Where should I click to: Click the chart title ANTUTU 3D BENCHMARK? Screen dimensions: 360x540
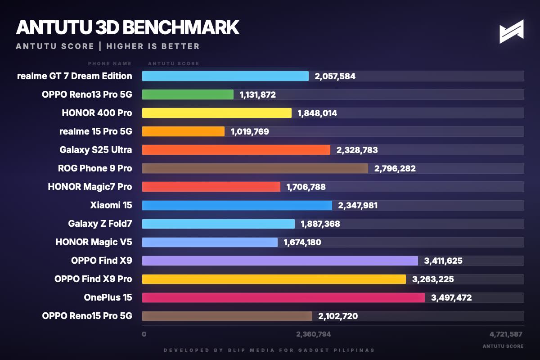point(127,27)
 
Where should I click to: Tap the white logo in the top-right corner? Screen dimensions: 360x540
point(512,31)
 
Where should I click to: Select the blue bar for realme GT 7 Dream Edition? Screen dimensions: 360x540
point(225,76)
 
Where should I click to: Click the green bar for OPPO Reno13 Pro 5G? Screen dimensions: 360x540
point(188,94)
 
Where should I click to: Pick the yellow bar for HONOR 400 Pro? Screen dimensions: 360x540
point(216,113)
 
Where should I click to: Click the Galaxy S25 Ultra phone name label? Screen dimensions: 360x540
point(96,150)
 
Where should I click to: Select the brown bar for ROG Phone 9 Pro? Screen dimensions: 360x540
point(255,168)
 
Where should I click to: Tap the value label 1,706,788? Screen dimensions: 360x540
point(306,187)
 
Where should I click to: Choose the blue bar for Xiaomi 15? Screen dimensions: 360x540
point(237,205)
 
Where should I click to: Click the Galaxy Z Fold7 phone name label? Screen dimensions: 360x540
point(100,224)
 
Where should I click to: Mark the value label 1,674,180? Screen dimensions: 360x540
point(302,243)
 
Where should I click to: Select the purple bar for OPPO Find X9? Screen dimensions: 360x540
point(280,261)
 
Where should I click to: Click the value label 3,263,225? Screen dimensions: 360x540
point(433,279)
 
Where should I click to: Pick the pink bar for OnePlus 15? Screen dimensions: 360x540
point(283,297)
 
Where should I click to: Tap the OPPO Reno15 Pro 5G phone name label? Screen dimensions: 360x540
point(87,316)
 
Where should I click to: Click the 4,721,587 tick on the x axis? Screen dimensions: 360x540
point(506,334)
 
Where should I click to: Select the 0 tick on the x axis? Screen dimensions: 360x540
point(144,334)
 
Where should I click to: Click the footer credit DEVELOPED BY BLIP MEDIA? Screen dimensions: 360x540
point(269,350)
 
